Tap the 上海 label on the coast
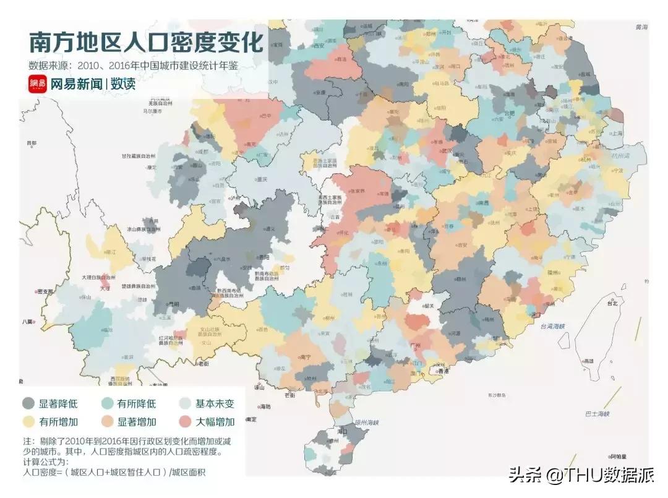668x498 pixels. (x=615, y=133)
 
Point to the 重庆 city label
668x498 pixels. (x=260, y=180)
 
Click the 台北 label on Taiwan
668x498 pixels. (x=612, y=303)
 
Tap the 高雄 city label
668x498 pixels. (x=589, y=360)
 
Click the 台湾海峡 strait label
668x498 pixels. (x=554, y=326)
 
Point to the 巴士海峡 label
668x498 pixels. (x=597, y=413)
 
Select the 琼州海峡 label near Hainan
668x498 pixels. (x=366, y=423)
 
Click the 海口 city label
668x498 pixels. (x=342, y=431)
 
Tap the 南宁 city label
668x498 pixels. (x=306, y=356)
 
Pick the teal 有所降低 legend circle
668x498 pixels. (x=107, y=404)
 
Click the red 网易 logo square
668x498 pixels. (x=37, y=84)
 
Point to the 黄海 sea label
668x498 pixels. (x=641, y=28)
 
